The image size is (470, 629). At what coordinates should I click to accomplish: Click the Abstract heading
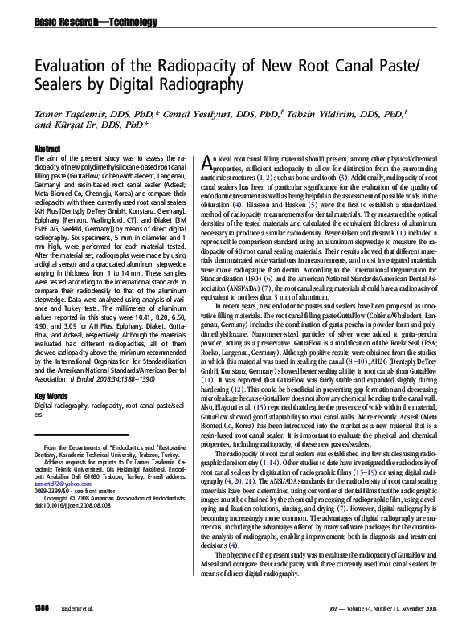tap(48, 149)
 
